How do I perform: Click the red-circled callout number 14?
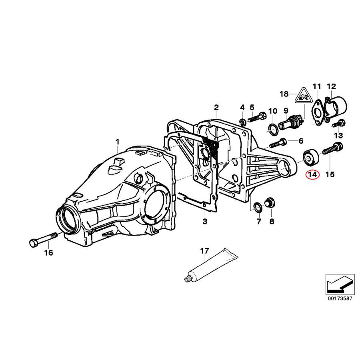(x=312, y=175)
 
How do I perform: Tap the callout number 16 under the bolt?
(x=48, y=252)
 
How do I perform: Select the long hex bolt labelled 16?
(x=44, y=240)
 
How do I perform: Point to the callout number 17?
(x=204, y=251)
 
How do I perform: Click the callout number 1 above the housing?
(x=118, y=142)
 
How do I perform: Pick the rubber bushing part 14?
(x=310, y=158)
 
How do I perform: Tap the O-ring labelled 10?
(x=272, y=129)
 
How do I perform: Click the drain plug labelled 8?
(x=270, y=202)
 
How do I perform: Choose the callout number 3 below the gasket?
(x=204, y=221)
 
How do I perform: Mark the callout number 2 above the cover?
(x=216, y=107)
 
